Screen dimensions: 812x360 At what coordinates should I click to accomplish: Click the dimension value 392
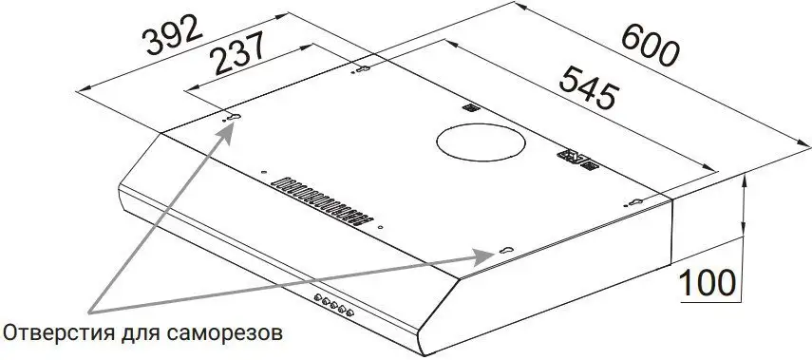(173, 35)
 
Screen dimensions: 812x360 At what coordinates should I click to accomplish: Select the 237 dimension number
(238, 53)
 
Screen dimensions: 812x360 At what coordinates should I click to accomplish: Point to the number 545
(589, 87)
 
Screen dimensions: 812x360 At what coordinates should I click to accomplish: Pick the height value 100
(707, 283)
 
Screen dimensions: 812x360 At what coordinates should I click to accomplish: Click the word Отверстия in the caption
(59, 332)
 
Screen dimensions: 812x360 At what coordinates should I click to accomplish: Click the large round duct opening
(481, 142)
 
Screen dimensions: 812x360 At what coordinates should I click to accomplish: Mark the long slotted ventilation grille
(322, 201)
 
